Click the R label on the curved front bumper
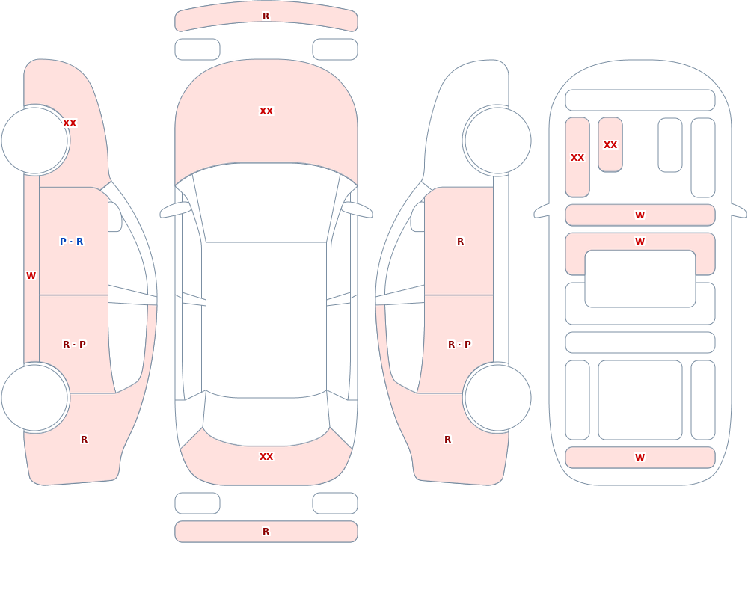(x=266, y=16)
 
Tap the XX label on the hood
(x=266, y=111)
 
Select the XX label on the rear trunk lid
(x=266, y=457)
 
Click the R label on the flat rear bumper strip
(x=266, y=532)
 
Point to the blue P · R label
(x=72, y=242)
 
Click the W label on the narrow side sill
(x=31, y=276)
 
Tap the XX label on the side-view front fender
(x=70, y=123)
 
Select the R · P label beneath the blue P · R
(x=74, y=345)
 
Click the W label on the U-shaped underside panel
(x=640, y=242)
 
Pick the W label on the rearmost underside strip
(x=640, y=458)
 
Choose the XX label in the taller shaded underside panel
(x=577, y=158)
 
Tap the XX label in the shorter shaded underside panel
(x=610, y=145)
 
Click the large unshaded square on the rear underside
(x=640, y=400)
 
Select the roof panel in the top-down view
(x=266, y=319)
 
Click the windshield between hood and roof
(x=266, y=203)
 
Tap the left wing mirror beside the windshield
(x=176, y=209)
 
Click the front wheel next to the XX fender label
(x=34, y=141)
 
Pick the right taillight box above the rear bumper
(x=335, y=503)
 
